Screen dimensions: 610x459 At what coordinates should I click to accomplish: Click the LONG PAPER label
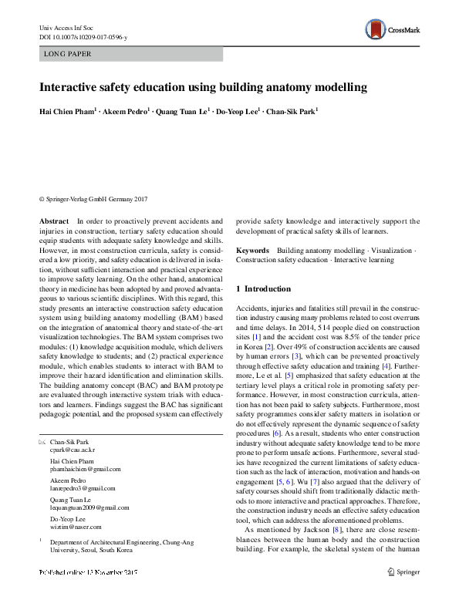[x=69, y=54]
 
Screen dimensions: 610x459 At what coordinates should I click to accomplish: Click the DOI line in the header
[x=83, y=37]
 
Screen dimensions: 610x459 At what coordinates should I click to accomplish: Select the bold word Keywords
[x=252, y=251]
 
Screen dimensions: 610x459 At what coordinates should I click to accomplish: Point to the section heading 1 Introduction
[x=270, y=288]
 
